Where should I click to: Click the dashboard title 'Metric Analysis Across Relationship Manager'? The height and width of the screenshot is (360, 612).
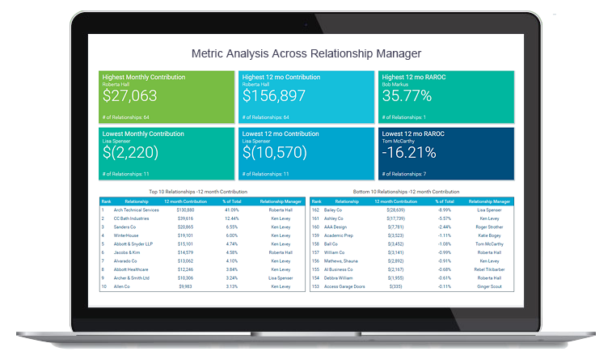point(306,53)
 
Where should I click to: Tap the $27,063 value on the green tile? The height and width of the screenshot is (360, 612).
point(130,96)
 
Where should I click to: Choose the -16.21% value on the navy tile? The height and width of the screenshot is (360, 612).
point(409,152)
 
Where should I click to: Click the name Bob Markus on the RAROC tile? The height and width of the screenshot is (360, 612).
point(395,83)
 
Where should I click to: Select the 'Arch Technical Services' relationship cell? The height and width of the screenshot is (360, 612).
point(136,210)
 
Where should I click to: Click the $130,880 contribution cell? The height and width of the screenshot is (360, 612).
point(184,210)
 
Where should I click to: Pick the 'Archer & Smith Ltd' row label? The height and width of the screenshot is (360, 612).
point(133,277)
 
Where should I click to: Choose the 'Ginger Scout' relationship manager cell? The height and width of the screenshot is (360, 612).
point(489,286)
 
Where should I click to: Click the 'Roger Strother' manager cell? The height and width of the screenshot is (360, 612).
point(489,227)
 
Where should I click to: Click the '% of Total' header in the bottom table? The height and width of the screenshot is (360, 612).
point(445,201)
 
